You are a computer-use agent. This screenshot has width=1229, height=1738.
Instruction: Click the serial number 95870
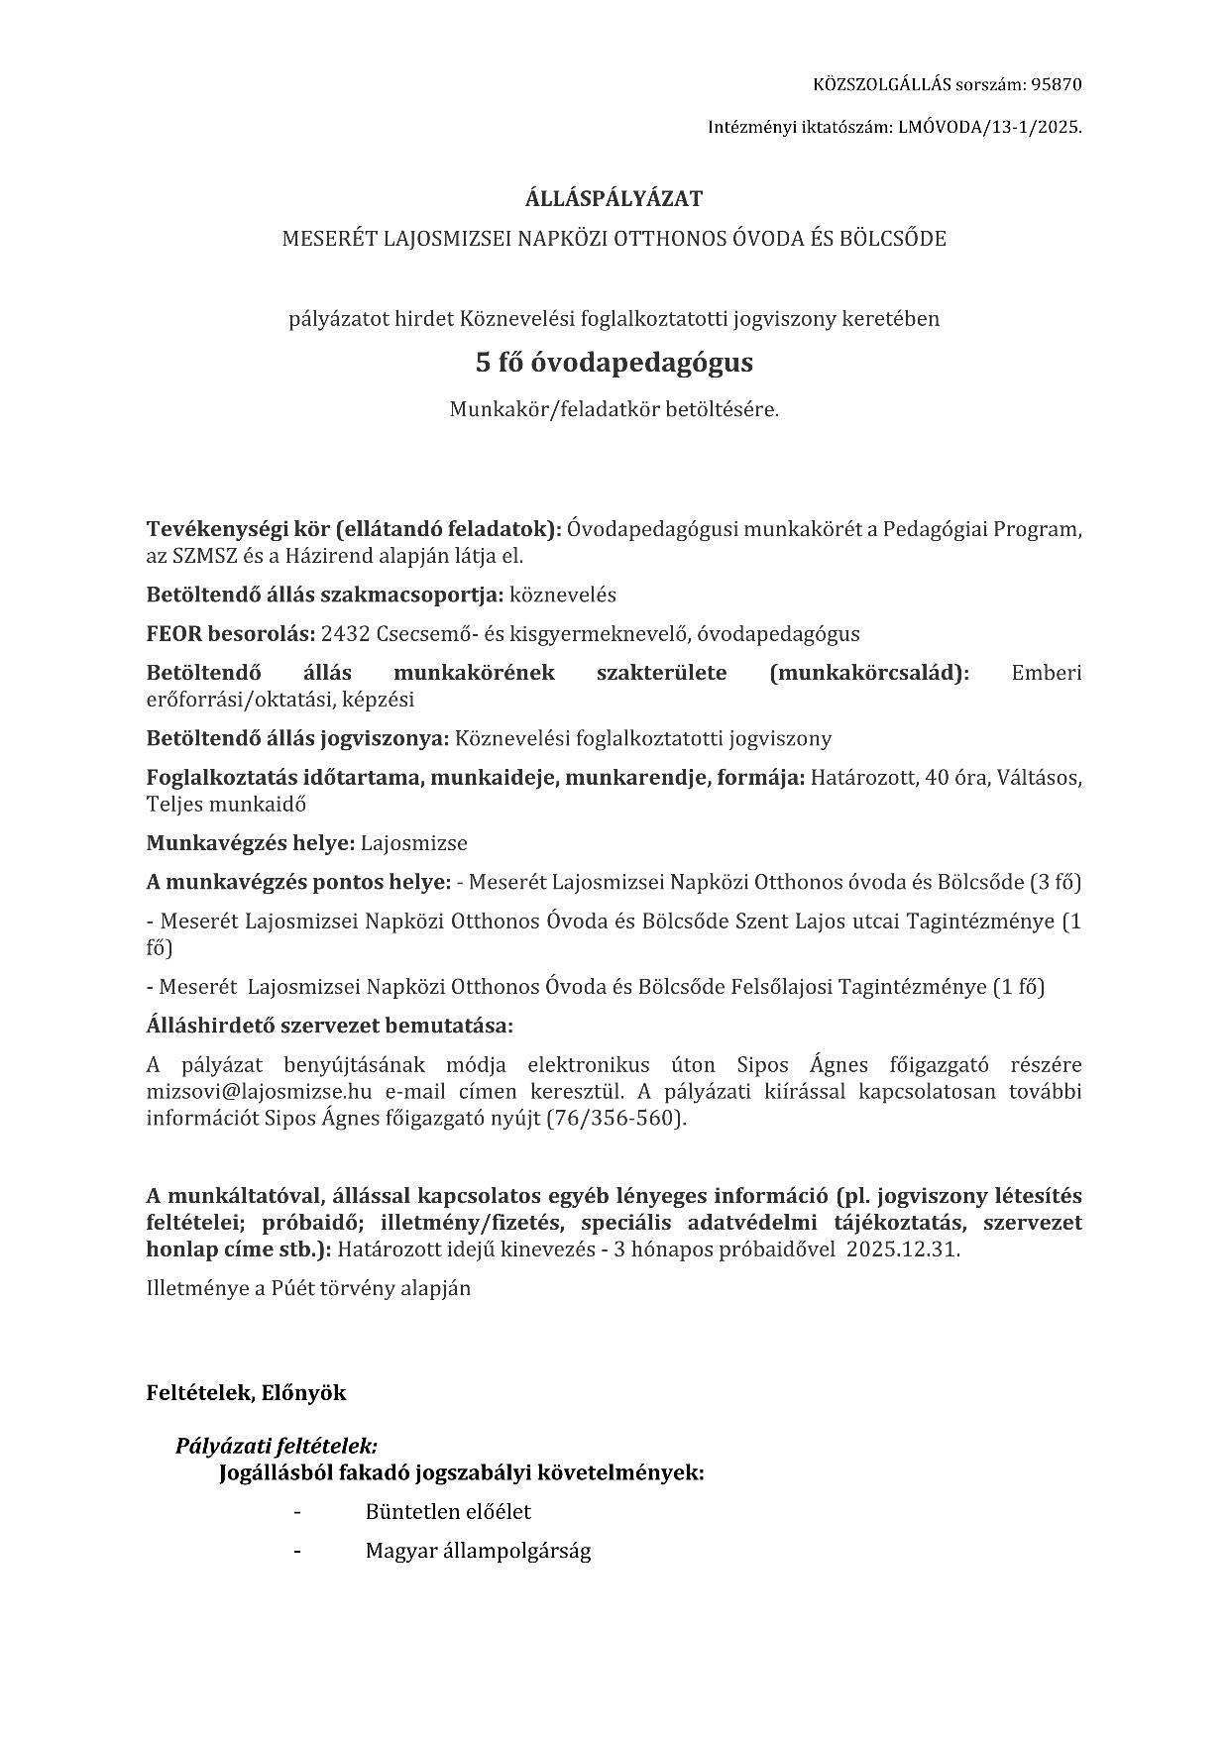1057,84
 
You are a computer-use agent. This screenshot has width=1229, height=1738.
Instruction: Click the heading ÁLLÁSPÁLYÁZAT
614,198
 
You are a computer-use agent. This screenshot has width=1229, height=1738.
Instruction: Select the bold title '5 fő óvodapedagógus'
614,363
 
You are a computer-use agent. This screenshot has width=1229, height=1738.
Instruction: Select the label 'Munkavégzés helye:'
251,843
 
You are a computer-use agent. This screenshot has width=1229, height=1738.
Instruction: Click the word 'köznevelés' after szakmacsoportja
563,596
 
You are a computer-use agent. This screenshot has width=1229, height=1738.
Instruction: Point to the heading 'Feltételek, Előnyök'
246,1393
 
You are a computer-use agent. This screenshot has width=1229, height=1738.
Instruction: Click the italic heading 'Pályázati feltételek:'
277,1446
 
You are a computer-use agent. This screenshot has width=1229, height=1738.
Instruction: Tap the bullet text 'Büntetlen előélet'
448,1512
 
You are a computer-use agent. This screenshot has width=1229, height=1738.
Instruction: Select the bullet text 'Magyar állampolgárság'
478,1551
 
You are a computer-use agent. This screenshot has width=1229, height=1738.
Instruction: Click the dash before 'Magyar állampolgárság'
296,1551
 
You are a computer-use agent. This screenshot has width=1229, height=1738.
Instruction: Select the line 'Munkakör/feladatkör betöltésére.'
614,409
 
